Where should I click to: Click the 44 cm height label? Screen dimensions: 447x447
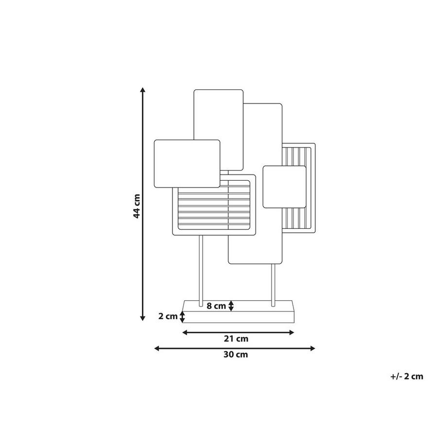(137, 206)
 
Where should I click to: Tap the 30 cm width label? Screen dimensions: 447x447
(236, 355)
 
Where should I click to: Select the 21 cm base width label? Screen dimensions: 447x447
(236, 339)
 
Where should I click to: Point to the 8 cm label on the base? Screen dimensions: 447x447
(216, 306)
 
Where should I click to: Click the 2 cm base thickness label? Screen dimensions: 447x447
(168, 316)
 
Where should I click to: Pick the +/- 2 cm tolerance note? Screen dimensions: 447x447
(407, 376)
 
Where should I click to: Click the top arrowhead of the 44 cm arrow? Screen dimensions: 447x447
(143, 90)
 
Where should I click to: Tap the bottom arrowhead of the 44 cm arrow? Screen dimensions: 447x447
(143, 318)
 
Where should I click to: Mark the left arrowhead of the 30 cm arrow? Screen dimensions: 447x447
(157, 348)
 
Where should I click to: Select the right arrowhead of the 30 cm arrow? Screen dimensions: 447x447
(312, 348)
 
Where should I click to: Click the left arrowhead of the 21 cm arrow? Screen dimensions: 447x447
(185, 332)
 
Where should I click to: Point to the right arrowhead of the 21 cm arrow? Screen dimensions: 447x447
(292, 332)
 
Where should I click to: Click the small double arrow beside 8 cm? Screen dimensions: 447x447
(231, 306)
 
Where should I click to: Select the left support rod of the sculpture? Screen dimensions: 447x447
(201, 271)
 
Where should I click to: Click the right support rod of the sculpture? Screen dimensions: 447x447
(274, 285)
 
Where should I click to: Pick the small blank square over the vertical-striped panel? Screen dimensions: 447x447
(284, 187)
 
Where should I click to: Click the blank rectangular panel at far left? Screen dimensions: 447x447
(187, 164)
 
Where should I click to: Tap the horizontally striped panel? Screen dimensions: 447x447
(214, 205)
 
